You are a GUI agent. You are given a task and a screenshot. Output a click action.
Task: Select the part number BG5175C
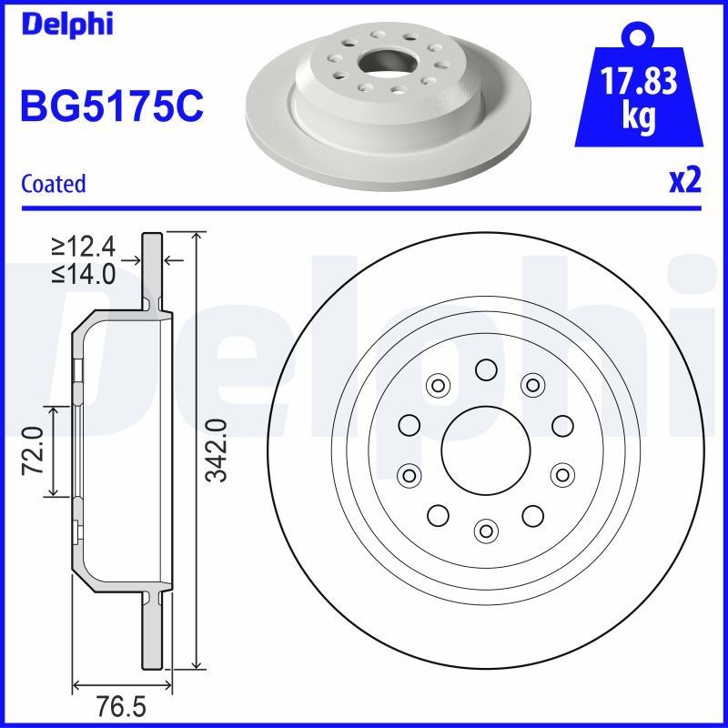point(111,106)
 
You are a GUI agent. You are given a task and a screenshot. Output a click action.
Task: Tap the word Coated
point(53,184)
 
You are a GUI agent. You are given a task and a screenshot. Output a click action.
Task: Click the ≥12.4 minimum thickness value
point(84,247)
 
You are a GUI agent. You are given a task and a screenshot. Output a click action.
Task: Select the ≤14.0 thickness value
point(84,274)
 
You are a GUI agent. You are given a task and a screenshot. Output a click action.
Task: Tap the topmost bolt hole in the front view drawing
point(486,369)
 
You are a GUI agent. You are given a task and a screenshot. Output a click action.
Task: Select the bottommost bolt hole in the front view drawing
point(486,529)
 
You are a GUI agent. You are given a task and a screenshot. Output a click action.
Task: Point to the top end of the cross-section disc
point(152,238)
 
